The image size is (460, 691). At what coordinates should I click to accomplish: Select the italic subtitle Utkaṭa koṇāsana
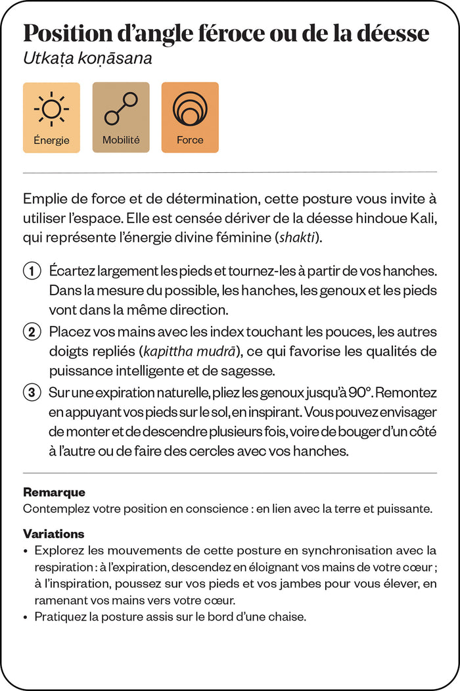click(87, 59)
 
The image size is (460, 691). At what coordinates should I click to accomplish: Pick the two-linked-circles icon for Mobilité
click(121, 109)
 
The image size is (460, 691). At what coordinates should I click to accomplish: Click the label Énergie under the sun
click(51, 140)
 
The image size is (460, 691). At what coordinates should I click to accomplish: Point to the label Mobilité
click(121, 140)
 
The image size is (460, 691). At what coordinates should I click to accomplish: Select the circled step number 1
click(31, 271)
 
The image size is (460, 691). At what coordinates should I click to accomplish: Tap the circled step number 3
click(31, 393)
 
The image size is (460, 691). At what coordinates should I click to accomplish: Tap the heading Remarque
click(54, 492)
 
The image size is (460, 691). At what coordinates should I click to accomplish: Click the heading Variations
click(53, 534)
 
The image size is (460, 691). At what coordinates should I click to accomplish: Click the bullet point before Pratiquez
click(26, 617)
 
